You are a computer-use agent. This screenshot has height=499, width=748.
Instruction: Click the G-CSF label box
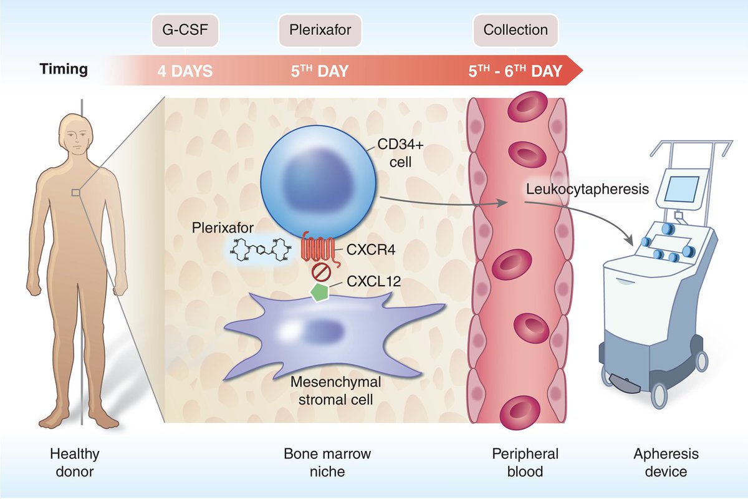178,30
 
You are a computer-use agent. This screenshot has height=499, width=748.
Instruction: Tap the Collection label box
515,30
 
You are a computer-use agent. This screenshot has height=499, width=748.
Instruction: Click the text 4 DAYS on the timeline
184,70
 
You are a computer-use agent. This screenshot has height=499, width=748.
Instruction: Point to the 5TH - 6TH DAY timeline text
515,70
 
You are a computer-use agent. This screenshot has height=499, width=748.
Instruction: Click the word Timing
64,69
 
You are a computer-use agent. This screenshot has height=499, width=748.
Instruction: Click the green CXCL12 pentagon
319,292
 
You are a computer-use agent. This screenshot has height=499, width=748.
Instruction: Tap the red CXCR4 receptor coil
319,249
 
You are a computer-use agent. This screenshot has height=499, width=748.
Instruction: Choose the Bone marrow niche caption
327,462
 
